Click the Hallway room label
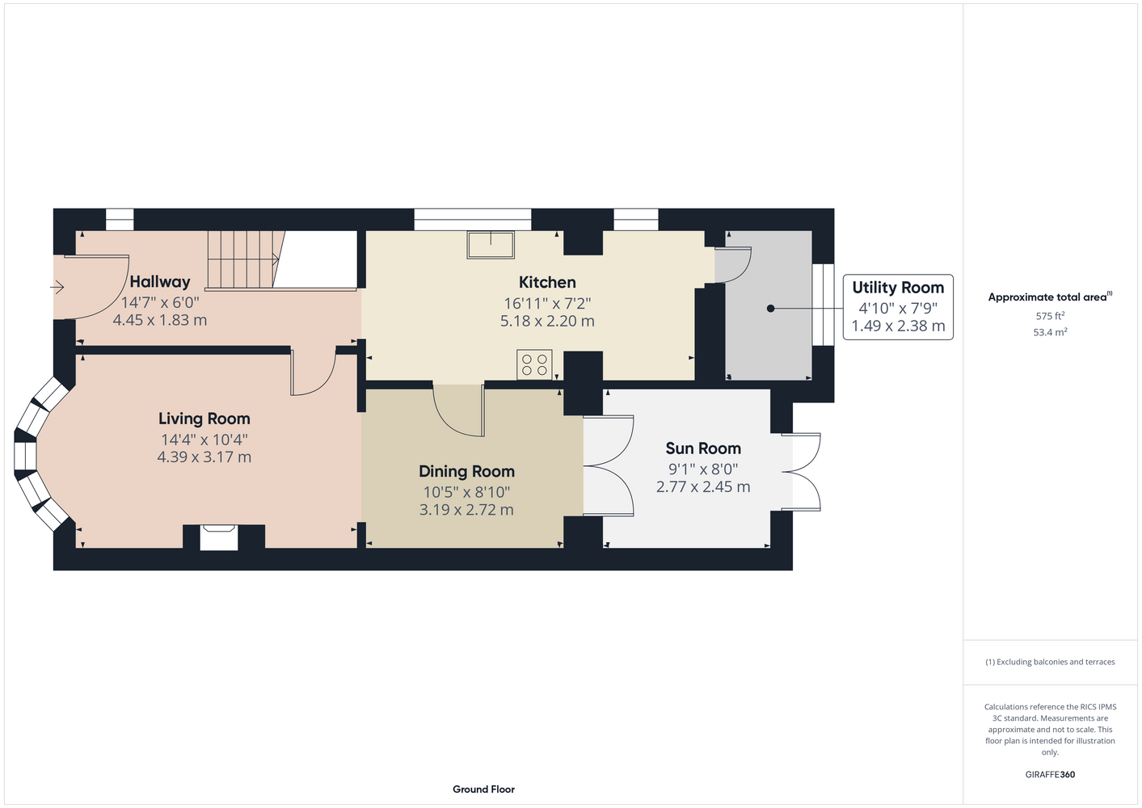tap(159, 282)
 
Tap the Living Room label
tap(204, 419)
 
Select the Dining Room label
tap(466, 472)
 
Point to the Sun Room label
tap(703, 448)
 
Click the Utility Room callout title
tap(898, 288)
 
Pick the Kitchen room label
tap(547, 283)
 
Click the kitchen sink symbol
tap(491, 245)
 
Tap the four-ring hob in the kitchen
tap(534, 364)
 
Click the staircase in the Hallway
tap(246, 259)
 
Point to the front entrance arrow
tap(57, 288)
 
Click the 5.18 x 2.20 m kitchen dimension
tap(547, 321)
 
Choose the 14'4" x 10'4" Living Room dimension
tap(204, 440)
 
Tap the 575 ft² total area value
tap(1050, 316)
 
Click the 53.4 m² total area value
tap(1050, 332)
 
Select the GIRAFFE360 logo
tap(1050, 774)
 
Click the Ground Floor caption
tap(483, 789)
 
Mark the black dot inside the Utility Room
tap(770, 309)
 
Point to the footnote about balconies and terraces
tap(1050, 662)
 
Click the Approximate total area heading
tap(1050, 297)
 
